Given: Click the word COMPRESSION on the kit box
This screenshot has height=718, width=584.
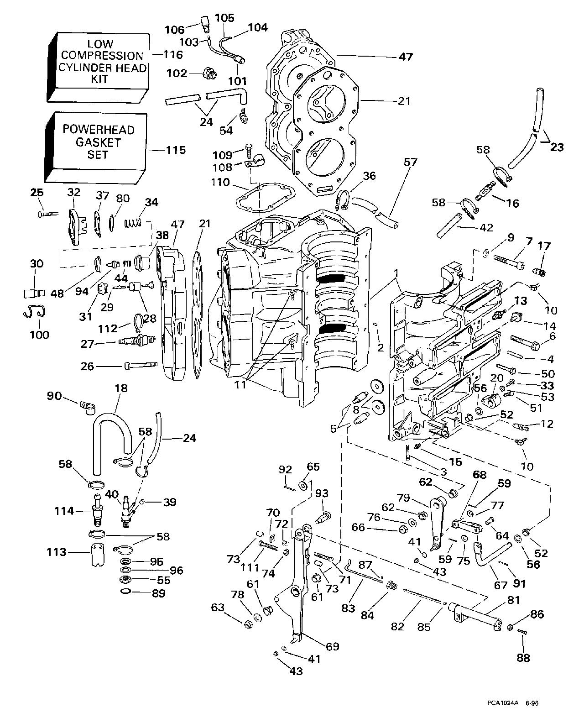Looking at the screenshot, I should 102,56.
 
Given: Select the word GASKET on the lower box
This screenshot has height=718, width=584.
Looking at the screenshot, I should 98,142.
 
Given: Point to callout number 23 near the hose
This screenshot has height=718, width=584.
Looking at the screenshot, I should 557,147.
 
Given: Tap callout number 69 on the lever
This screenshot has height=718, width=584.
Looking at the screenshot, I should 332,646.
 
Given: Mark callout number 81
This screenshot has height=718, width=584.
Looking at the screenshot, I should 514,601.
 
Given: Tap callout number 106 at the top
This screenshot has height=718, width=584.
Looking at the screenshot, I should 175,30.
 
